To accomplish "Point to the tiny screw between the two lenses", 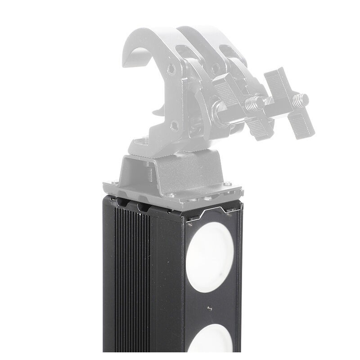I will (210, 308).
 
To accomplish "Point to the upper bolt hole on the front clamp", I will (171, 70).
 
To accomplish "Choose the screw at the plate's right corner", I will (227, 183).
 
